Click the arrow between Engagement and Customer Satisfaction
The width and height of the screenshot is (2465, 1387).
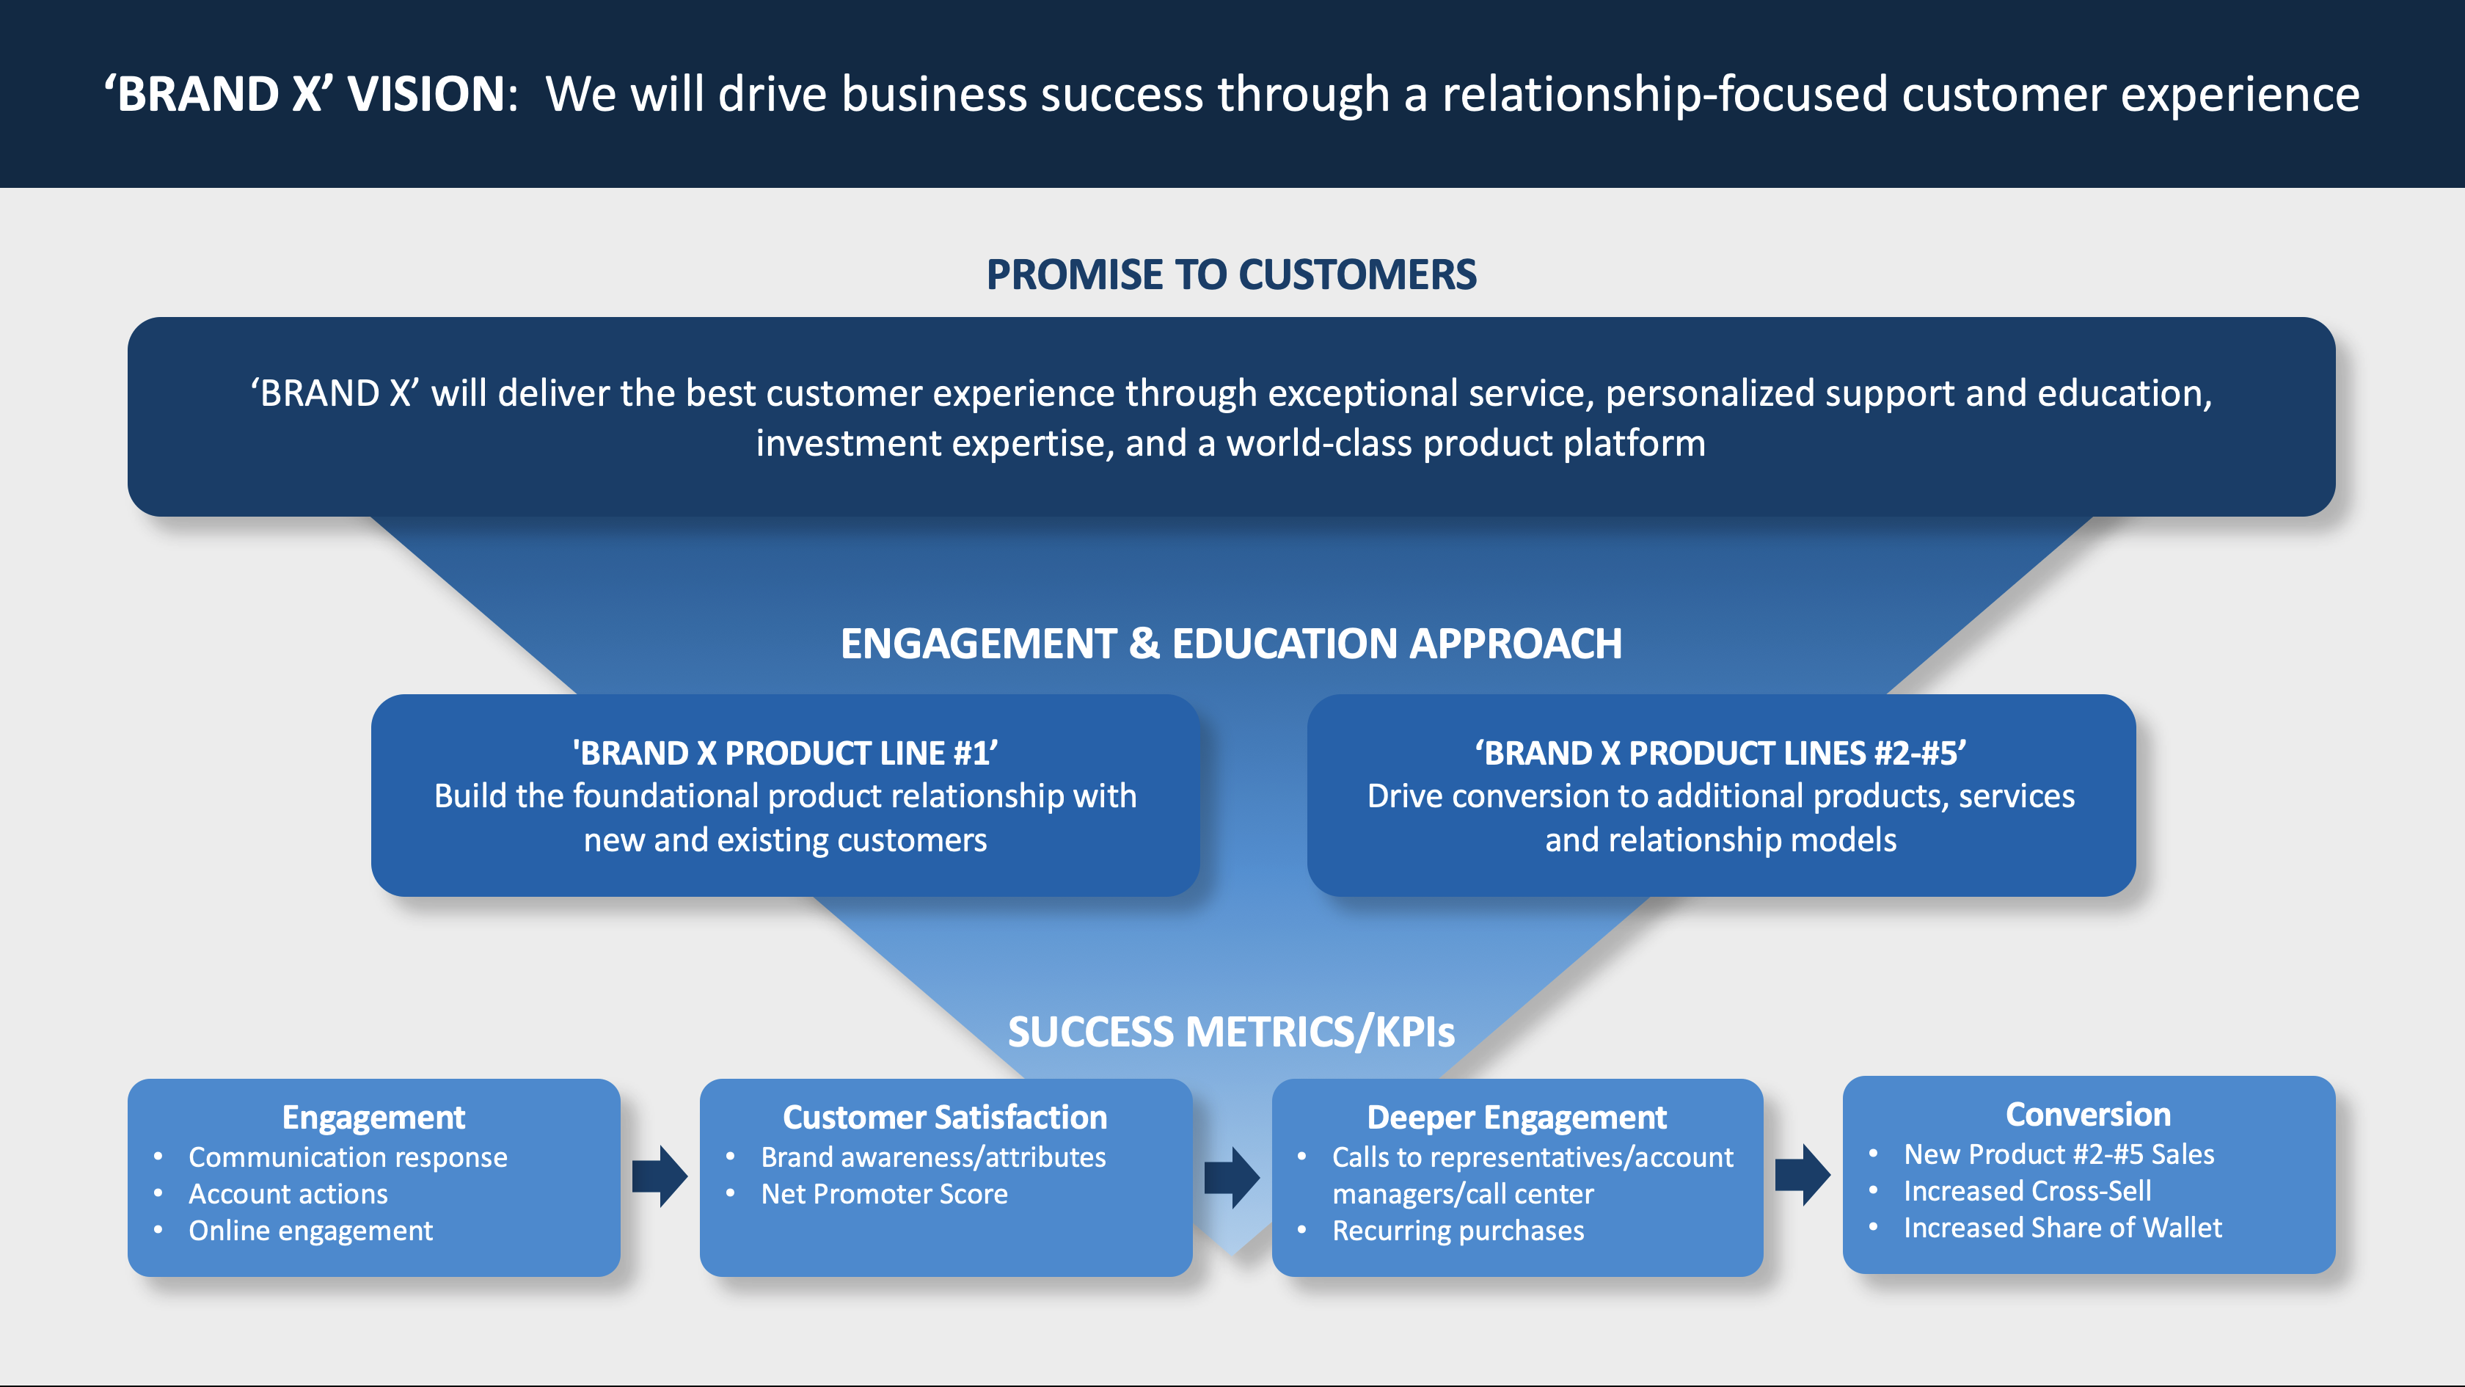click(660, 1176)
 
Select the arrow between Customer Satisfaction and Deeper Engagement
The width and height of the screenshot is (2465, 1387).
click(1232, 1176)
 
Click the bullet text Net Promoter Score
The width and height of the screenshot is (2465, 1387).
click(883, 1194)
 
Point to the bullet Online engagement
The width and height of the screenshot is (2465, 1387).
click(310, 1230)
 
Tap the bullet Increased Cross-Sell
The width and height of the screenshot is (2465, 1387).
click(2027, 1191)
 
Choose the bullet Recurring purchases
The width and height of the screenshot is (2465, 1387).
click(1458, 1230)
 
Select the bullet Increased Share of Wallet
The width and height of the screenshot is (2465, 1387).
click(2062, 1227)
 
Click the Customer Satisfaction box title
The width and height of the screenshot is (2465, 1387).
click(944, 1117)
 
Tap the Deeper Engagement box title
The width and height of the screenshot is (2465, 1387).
click(1516, 1117)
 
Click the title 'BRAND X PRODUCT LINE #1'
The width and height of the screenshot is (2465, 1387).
click(785, 754)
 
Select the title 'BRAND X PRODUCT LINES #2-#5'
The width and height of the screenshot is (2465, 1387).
click(1720, 754)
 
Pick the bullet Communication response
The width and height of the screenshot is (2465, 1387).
click(347, 1157)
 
